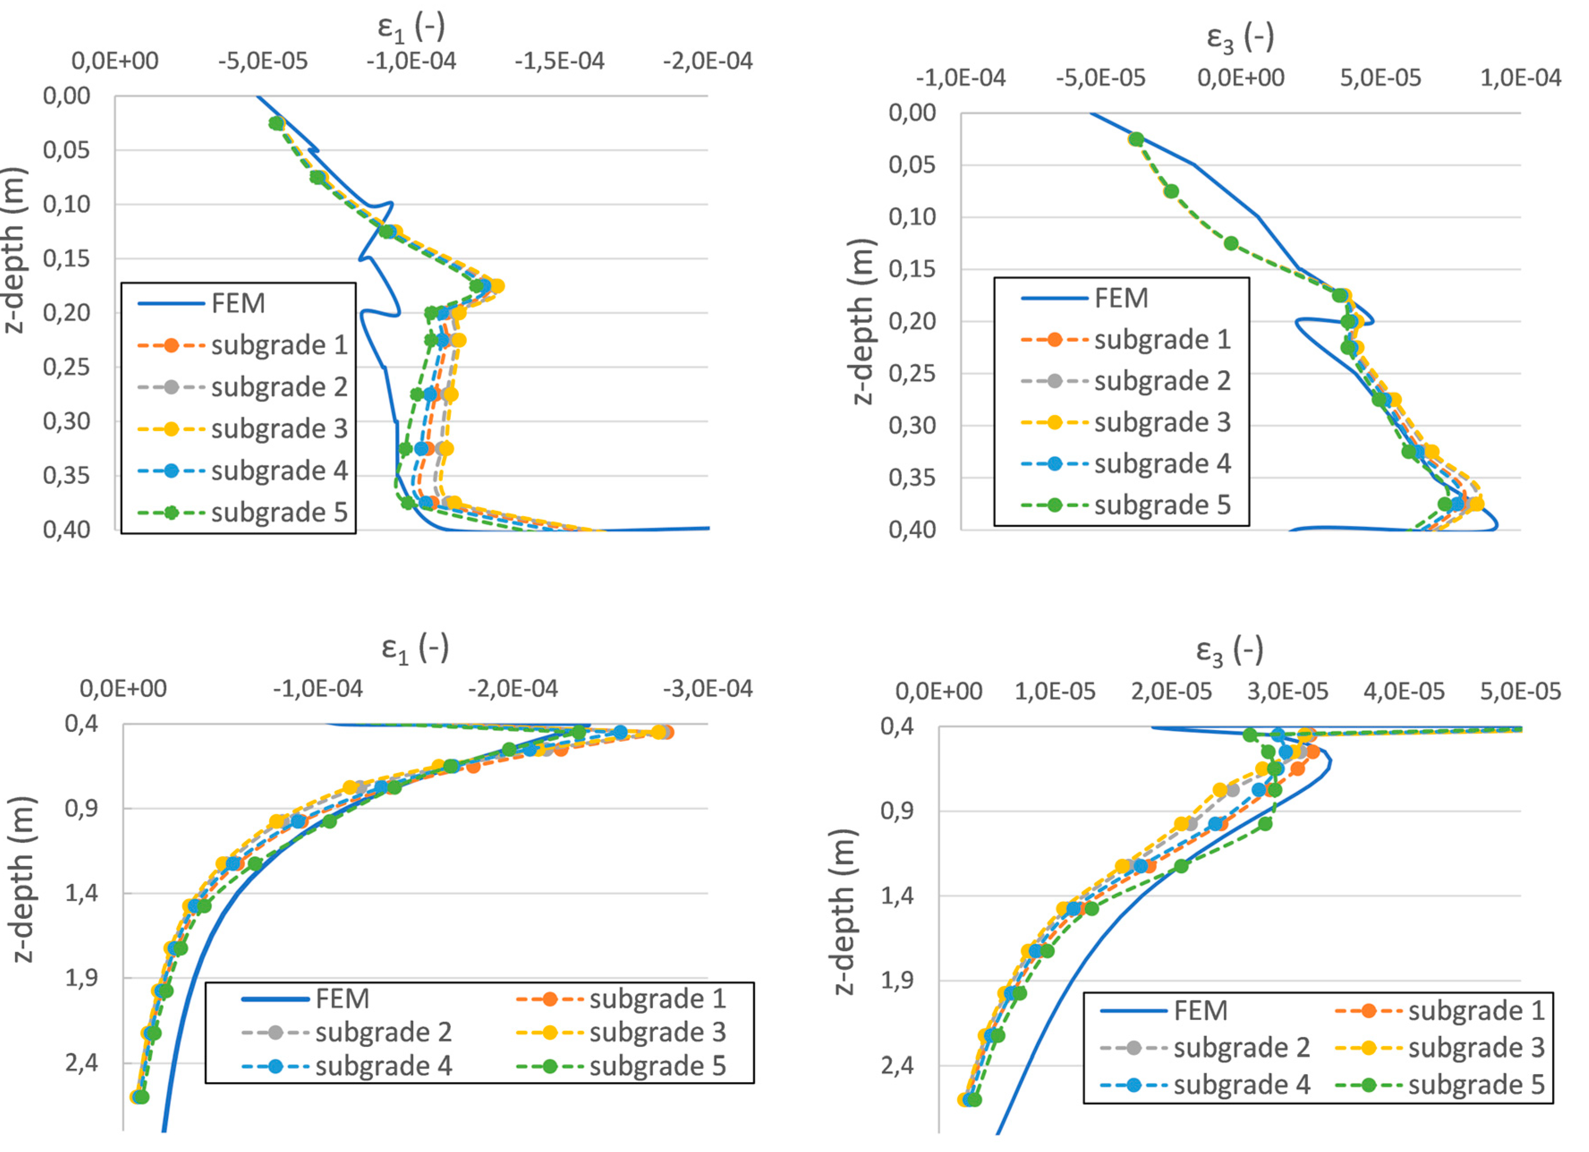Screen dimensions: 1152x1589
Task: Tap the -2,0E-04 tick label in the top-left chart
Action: (x=708, y=62)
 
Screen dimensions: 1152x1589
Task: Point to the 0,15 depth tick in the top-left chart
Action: (x=67, y=259)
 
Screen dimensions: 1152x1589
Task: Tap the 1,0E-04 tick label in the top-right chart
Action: (x=1521, y=78)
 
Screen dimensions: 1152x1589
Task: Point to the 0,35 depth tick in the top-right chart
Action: (x=912, y=478)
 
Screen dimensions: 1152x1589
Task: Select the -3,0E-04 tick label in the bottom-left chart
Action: (x=708, y=689)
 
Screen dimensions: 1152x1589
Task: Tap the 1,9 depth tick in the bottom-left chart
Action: (x=82, y=978)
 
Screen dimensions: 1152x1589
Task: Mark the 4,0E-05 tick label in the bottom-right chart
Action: (x=1404, y=692)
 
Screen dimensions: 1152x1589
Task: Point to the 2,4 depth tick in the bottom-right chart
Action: (x=897, y=1066)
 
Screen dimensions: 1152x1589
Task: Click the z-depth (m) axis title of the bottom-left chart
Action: (x=23, y=880)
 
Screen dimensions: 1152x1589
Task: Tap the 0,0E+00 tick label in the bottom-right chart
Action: (x=939, y=692)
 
